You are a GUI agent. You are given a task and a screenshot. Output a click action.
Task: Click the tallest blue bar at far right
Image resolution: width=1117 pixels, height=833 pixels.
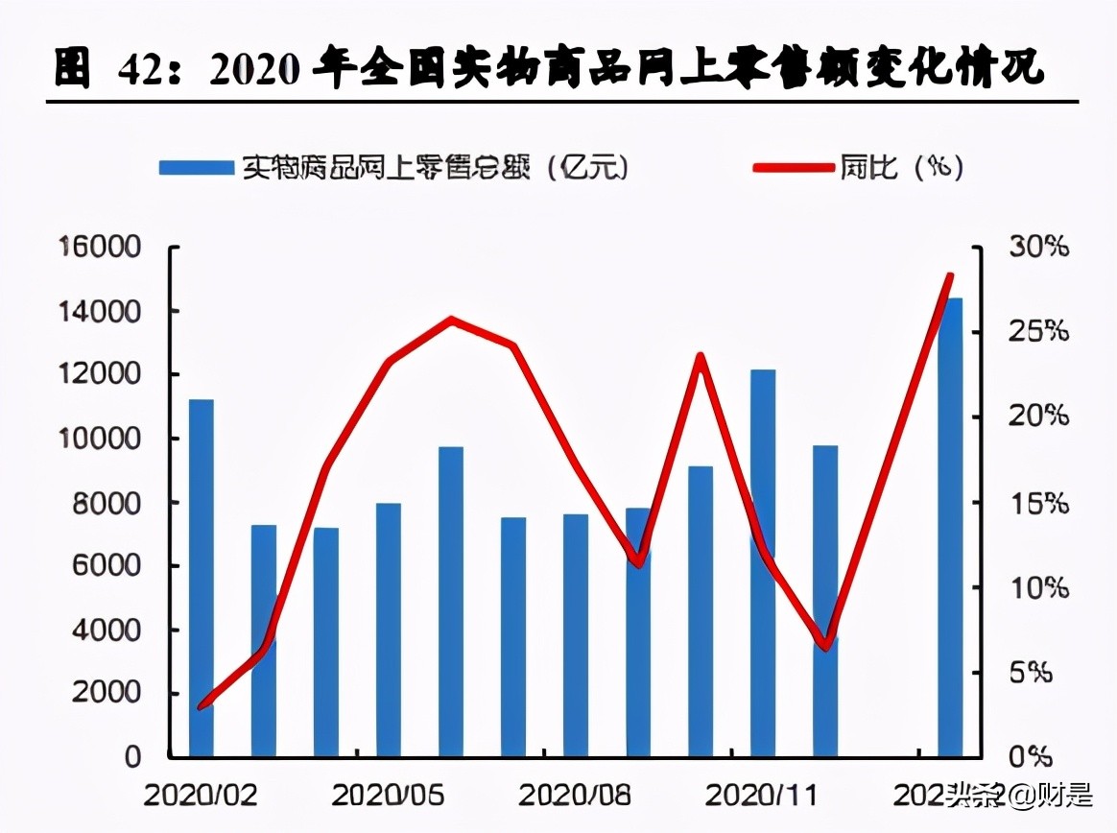coord(949,528)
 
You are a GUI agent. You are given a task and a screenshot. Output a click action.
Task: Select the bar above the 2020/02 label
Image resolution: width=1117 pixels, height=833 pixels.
coord(201,576)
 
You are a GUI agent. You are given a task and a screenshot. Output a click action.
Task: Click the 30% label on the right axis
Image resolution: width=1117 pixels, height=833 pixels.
coord(1037,248)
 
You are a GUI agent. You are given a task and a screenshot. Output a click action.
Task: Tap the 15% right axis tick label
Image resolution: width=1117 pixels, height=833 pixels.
coord(1037,503)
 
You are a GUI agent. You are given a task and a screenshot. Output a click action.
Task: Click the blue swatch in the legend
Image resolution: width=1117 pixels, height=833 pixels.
coord(196,167)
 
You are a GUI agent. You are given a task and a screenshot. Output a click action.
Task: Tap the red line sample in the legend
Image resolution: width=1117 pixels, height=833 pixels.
coord(793,167)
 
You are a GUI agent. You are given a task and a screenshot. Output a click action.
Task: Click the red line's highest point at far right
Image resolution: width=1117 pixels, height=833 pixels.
coord(950,276)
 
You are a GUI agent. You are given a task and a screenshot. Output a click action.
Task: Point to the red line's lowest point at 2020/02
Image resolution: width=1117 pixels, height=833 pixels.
coord(201,707)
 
